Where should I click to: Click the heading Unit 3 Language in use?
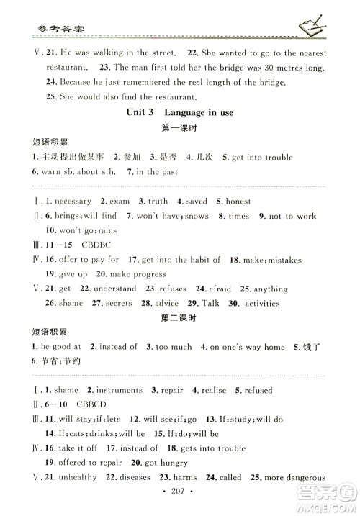click(179, 112)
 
